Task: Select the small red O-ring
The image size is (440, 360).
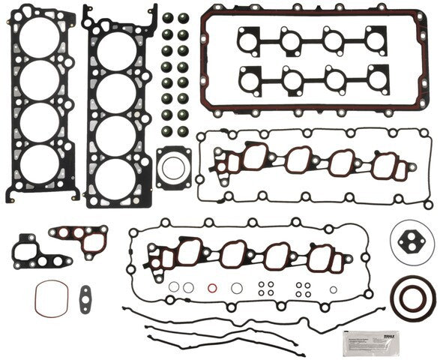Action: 212,288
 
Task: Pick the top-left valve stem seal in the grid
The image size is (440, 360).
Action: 168,19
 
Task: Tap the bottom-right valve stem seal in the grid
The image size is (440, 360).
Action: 183,131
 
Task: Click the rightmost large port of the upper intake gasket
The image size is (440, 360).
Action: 385,163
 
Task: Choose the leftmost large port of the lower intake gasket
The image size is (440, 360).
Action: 190,250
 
